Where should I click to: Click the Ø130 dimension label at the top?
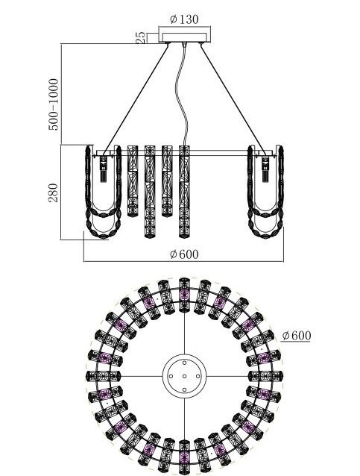pyautogui.click(x=184, y=19)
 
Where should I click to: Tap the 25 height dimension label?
pyautogui.click(x=140, y=37)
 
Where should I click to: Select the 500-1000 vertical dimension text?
pyautogui.click(x=53, y=104)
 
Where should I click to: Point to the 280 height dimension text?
pyautogui.click(x=53, y=192)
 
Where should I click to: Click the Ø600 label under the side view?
pyautogui.click(x=184, y=254)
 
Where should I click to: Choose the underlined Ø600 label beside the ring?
pyautogui.click(x=297, y=336)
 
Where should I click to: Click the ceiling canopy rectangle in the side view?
pyautogui.click(x=184, y=34)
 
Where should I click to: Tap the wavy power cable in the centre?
pyautogui.click(x=183, y=94)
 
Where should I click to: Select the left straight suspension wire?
pyautogui.click(x=136, y=98)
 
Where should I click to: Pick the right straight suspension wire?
pyautogui.click(x=233, y=98)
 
